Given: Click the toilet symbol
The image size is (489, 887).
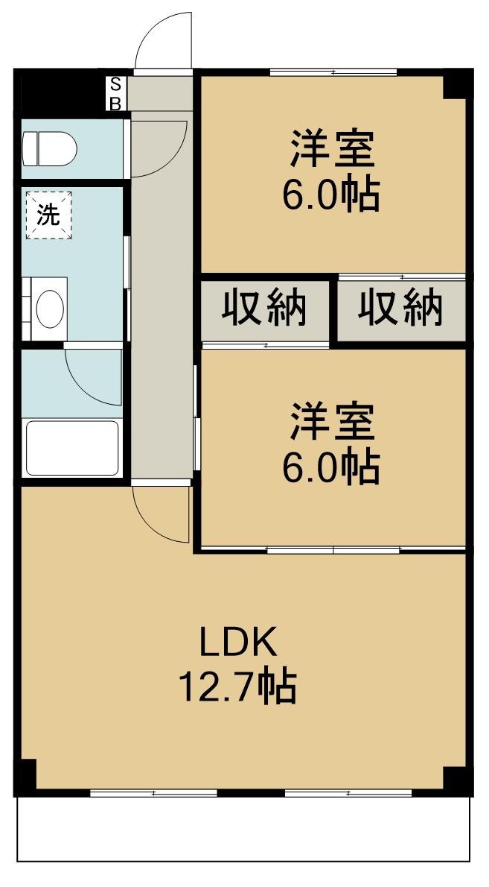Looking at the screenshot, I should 49,148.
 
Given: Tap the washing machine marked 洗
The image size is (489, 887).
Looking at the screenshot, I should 49,215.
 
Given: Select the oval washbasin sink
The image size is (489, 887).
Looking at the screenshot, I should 50,307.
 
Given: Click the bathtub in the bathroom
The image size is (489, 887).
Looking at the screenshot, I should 72,448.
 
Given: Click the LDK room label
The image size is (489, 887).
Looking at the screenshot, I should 237,642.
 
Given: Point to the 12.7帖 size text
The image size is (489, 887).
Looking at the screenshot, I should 237,686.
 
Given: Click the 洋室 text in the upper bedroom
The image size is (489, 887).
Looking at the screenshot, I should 331,148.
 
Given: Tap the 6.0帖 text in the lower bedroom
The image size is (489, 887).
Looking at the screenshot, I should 330,467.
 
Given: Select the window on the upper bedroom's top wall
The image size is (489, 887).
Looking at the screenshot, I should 333,72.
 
